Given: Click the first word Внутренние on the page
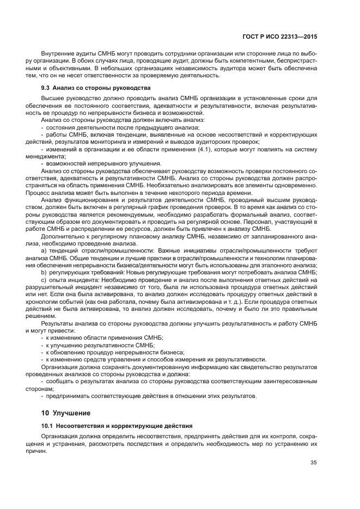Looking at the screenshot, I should point(58,53).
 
